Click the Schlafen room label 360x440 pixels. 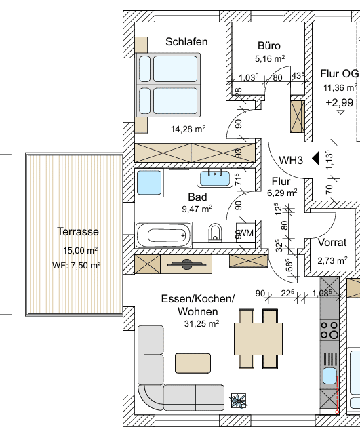(186, 42)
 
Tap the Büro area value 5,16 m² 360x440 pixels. (270, 58)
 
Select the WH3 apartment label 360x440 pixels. (291, 160)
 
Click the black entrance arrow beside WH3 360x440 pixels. (316, 158)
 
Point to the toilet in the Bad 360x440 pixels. (215, 233)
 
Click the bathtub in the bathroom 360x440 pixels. (163, 235)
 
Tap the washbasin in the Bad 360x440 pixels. (215, 178)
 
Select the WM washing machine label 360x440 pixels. (246, 233)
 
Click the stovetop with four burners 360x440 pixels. (329, 330)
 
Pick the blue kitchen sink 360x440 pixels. (329, 376)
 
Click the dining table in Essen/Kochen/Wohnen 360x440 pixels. (258, 339)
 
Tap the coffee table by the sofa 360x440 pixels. (193, 363)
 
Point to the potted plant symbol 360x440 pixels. (238, 401)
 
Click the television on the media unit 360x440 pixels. (187, 264)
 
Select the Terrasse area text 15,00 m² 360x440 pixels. (80, 250)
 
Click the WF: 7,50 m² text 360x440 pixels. (77, 265)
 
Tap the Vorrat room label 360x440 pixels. (332, 243)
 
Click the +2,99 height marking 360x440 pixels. (340, 102)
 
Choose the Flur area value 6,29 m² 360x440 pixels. (282, 193)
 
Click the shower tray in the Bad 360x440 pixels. (149, 182)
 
